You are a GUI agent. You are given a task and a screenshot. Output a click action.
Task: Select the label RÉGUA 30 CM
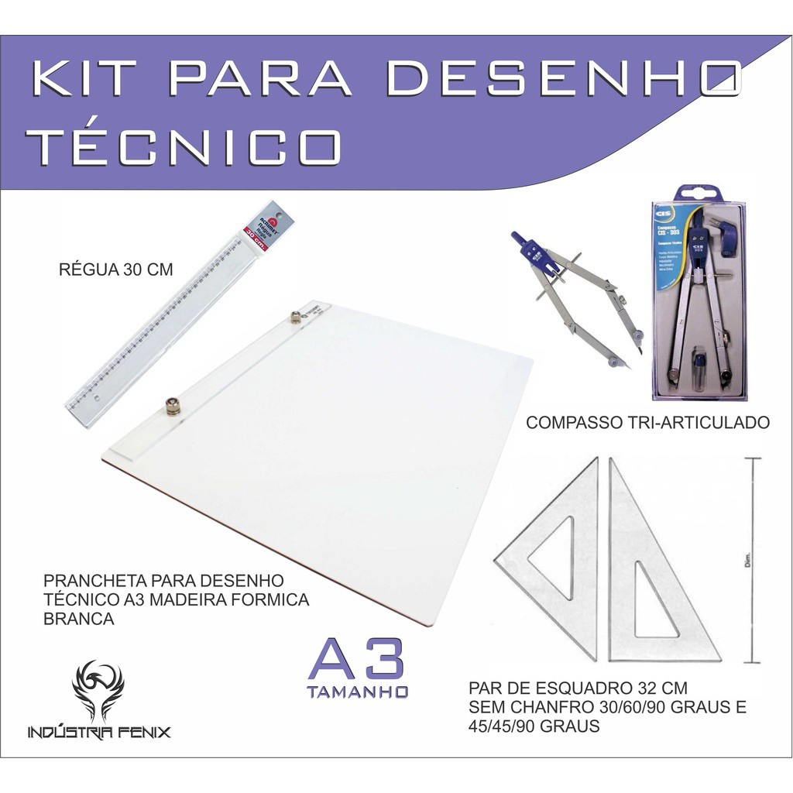115,270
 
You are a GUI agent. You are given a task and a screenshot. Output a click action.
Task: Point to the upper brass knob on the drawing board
295,316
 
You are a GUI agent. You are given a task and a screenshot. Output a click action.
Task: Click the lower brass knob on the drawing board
172,405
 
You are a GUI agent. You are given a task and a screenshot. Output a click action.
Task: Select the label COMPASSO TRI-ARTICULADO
647,423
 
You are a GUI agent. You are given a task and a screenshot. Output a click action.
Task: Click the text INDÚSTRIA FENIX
98,732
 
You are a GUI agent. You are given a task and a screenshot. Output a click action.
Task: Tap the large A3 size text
356,659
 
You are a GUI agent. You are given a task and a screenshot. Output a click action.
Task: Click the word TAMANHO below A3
357,691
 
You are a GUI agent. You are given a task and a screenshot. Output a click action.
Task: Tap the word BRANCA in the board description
79,619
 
